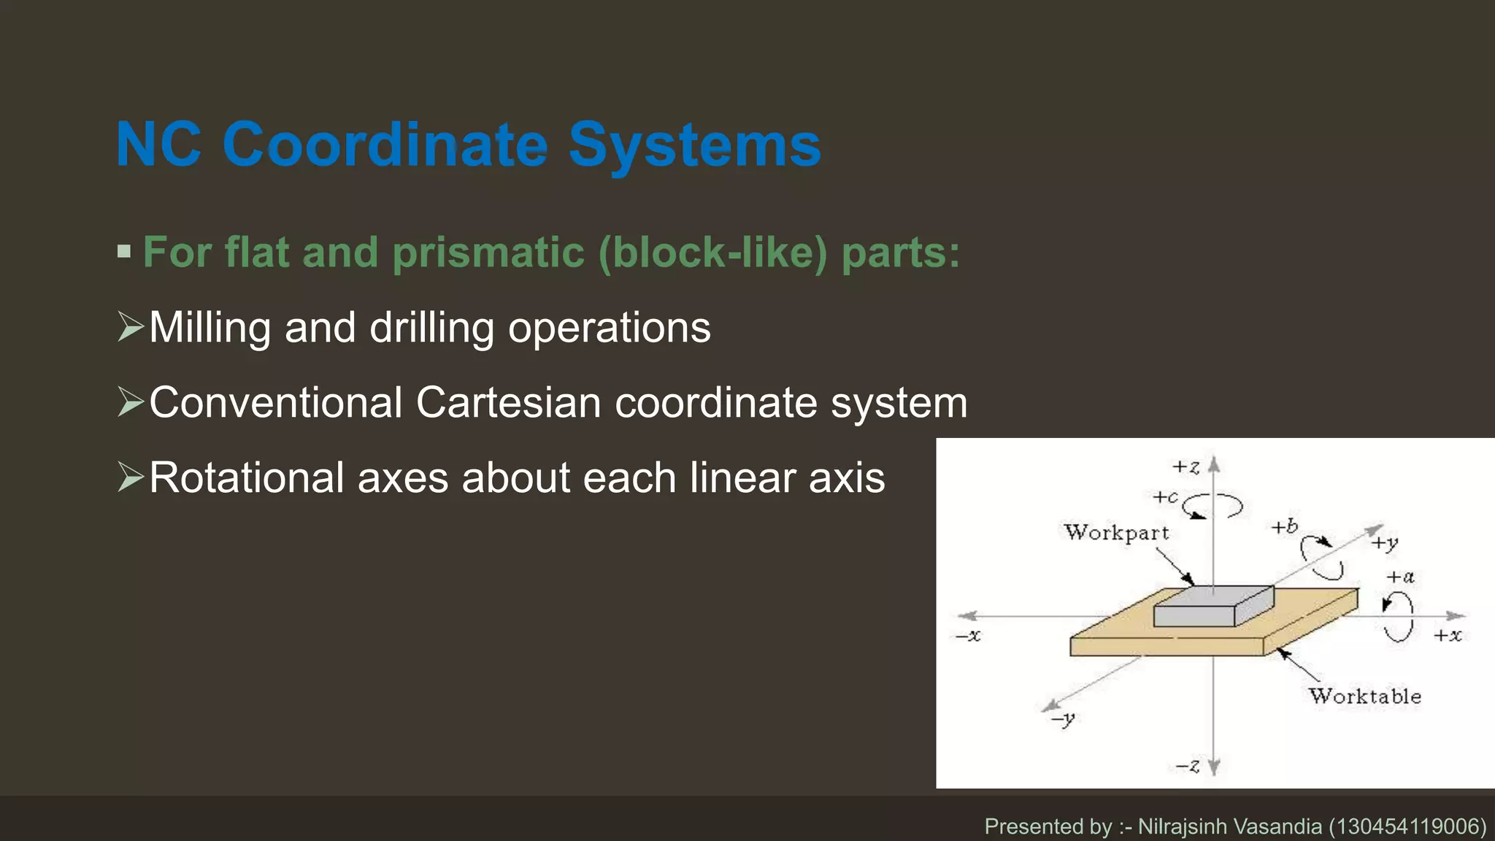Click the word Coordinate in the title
(385, 145)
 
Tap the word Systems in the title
(694, 146)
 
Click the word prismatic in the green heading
(488, 253)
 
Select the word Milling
(210, 327)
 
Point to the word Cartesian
(508, 402)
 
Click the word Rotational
(246, 477)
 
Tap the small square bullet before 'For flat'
(124, 252)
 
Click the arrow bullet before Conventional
(131, 402)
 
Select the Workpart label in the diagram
(1116, 532)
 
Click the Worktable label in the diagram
(1364, 696)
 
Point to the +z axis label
(1185, 467)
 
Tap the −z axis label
(1187, 766)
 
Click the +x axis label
(1448, 635)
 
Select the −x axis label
(969, 636)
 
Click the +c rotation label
(1165, 497)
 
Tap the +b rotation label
(1284, 526)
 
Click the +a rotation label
(1400, 577)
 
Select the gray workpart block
(1212, 607)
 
